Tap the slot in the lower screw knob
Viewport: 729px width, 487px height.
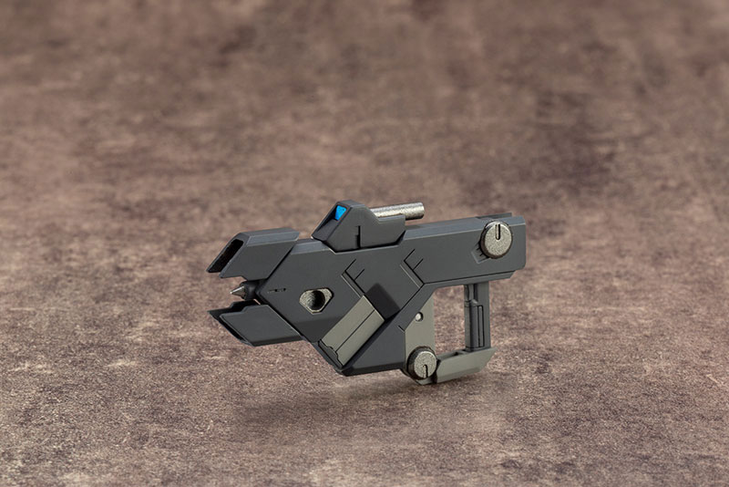coord(424,362)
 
